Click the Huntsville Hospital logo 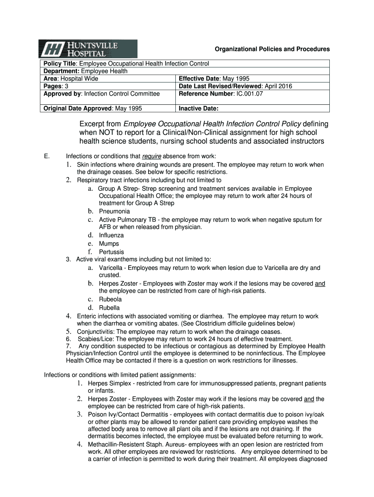(x=88, y=49)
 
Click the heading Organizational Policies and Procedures (x=272, y=49)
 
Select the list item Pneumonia (x=114, y=212)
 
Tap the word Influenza (x=111, y=235)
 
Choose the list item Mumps (x=109, y=244)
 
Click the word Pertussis (x=111, y=252)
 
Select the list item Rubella (x=109, y=308)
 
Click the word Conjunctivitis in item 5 (x=96, y=331)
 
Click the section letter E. (x=46, y=156)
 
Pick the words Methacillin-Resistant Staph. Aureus (x=136, y=444)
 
